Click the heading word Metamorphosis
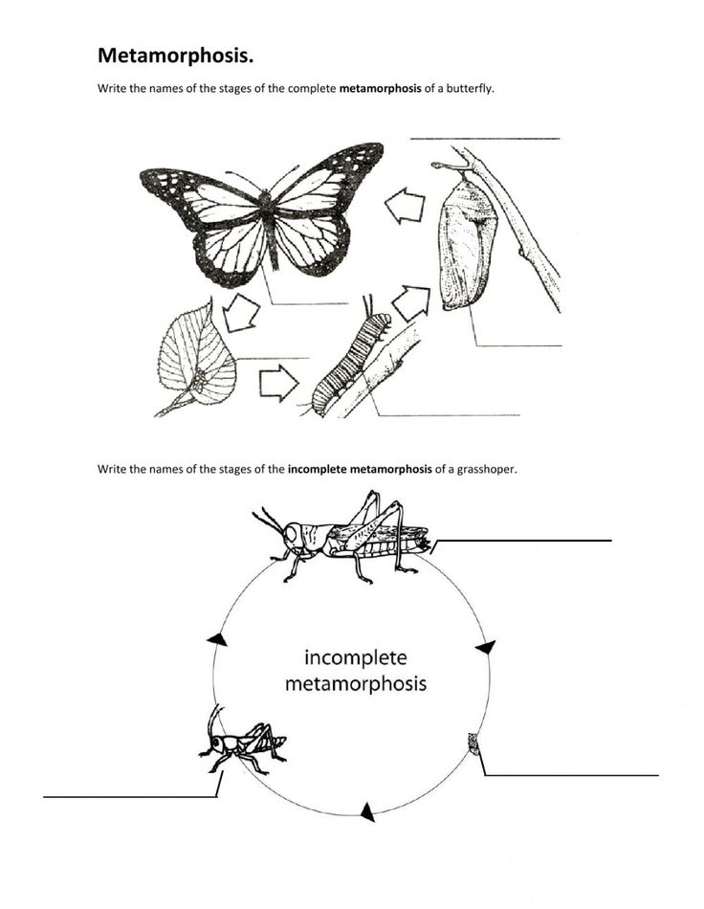pyautogui.click(x=176, y=55)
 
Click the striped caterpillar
pyautogui.click(x=353, y=365)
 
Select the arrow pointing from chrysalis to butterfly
pyautogui.click(x=405, y=205)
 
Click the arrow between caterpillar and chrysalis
pyautogui.click(x=411, y=302)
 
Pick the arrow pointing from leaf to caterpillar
pyautogui.click(x=279, y=383)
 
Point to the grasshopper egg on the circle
pyautogui.click(x=473, y=742)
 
